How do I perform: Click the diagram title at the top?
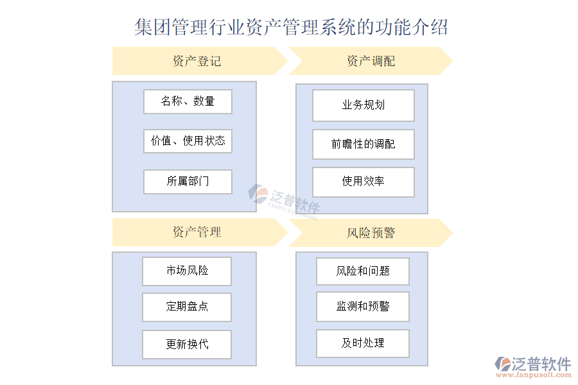click(x=291, y=28)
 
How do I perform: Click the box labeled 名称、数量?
click(x=188, y=101)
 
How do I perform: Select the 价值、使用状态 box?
click(x=188, y=141)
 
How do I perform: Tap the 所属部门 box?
click(x=188, y=182)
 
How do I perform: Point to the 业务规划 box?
click(x=363, y=105)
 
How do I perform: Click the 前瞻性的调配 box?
click(x=363, y=144)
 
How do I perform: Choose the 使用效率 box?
click(x=363, y=182)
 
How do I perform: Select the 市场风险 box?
click(x=187, y=271)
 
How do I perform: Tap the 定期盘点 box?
click(x=187, y=307)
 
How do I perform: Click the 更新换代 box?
click(x=187, y=345)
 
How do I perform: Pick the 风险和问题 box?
click(x=363, y=271)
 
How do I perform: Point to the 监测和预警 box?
click(x=363, y=307)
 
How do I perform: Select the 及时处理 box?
click(x=363, y=343)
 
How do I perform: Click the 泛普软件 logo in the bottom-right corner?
click(x=533, y=364)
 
